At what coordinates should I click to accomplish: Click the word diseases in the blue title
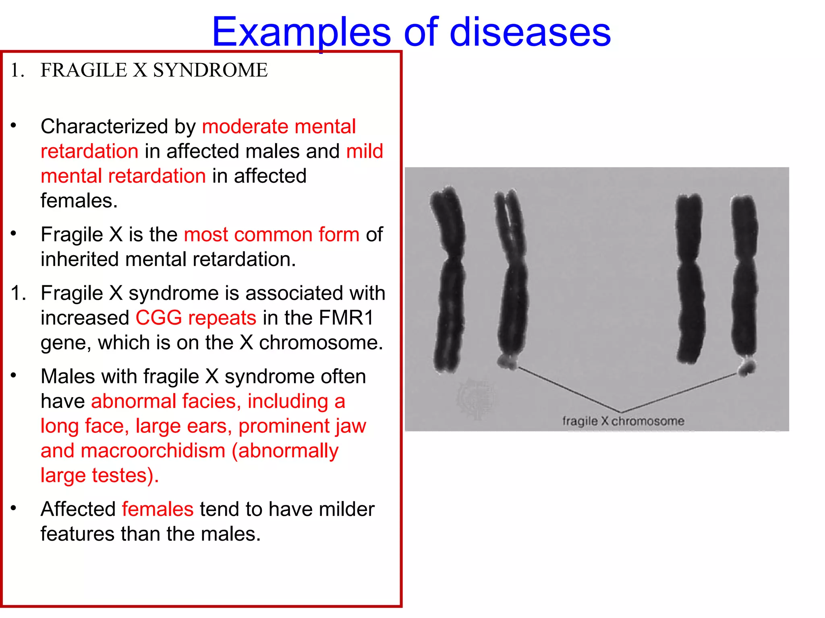click(x=530, y=32)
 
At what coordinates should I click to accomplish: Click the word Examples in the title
click(x=301, y=32)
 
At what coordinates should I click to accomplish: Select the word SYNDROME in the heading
click(x=210, y=70)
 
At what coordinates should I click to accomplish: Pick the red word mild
click(x=365, y=152)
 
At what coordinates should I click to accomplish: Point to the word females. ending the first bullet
click(x=79, y=201)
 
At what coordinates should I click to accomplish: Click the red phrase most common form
click(x=272, y=235)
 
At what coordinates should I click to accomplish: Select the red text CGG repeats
click(x=196, y=318)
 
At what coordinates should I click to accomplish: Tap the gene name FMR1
click(x=346, y=318)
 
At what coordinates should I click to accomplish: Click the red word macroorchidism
click(x=153, y=451)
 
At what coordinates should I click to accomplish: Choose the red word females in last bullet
click(x=158, y=509)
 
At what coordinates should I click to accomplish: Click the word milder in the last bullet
click(x=346, y=509)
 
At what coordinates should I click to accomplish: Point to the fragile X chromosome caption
click(x=623, y=421)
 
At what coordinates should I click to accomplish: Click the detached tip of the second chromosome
click(x=508, y=362)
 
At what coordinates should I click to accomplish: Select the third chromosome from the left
click(x=690, y=278)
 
